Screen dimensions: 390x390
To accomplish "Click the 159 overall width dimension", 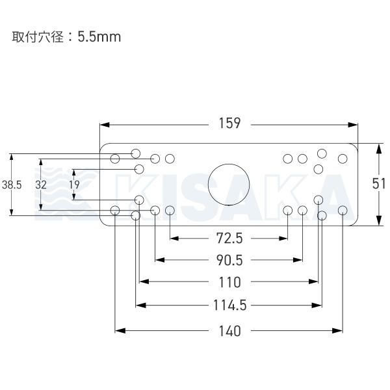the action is (x=229, y=123).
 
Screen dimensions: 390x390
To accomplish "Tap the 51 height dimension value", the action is (x=378, y=184).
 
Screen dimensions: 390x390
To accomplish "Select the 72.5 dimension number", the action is (x=229, y=239).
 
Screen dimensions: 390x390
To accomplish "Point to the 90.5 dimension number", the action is (x=229, y=260).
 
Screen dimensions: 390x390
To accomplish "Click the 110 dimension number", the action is (x=229, y=282).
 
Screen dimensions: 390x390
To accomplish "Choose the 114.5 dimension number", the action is (x=230, y=305).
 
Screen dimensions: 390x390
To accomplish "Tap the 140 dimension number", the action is (x=229, y=331).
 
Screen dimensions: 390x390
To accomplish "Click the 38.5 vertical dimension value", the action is (x=12, y=185).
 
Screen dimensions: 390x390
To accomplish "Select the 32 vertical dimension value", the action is (x=41, y=185).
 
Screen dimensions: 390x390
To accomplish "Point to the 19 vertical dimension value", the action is (x=74, y=185).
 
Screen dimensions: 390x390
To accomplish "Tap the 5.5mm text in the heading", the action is (x=99, y=37).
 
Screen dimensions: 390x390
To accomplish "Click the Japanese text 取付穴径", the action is (x=38, y=37).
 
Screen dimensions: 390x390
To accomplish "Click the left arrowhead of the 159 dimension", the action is (x=105, y=125).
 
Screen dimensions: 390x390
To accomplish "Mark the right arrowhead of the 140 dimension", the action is (x=337, y=331).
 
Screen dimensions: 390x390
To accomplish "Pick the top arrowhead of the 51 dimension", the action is (x=378, y=149).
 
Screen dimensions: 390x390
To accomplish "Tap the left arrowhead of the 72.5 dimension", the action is (x=175, y=239).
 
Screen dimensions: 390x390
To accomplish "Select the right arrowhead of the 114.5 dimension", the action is (x=317, y=305).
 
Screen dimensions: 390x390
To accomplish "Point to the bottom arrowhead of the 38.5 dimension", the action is (x=12, y=211).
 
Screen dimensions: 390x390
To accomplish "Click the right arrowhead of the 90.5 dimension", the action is (x=298, y=260).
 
